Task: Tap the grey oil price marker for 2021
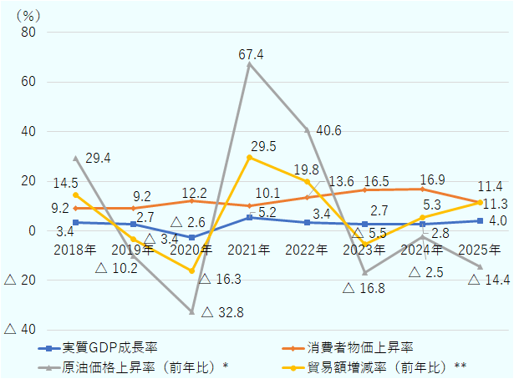tap(249, 64)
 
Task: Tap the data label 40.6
tap(328, 130)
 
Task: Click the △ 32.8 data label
tap(222, 312)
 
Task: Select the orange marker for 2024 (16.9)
tap(422, 189)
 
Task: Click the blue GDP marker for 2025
tap(480, 221)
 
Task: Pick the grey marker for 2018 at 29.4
tap(76, 158)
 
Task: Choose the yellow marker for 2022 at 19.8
tap(307, 182)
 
